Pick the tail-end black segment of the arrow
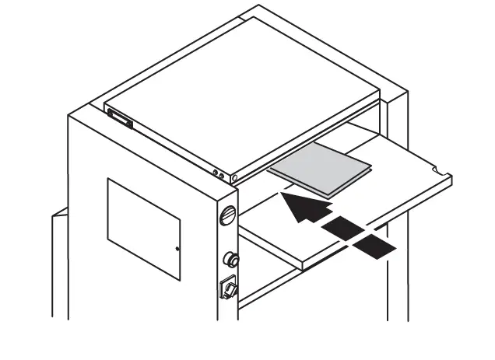pyautogui.click(x=374, y=247)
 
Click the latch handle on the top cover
pyautogui.click(x=121, y=118)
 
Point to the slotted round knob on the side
pyautogui.click(x=227, y=214)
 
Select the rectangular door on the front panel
pyautogui.click(x=143, y=227)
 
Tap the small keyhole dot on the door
pyautogui.click(x=177, y=249)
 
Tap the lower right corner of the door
pyautogui.click(x=180, y=279)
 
